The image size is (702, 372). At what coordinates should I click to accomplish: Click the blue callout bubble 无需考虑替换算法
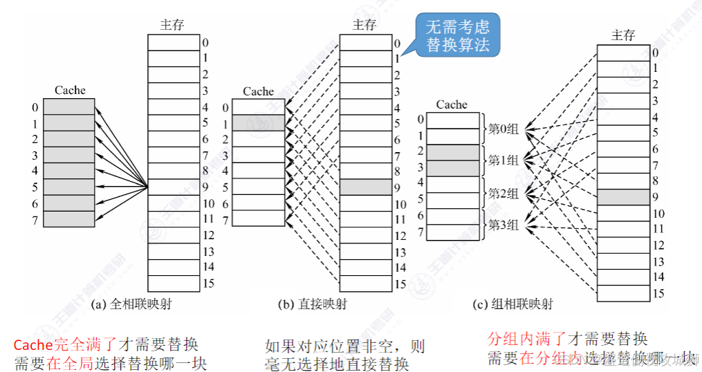457,36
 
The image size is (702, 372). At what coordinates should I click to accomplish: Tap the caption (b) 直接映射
312,304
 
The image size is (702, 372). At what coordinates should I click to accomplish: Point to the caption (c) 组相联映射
512,304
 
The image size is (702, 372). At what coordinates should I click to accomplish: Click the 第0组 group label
504,129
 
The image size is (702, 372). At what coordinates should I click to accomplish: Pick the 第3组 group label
504,225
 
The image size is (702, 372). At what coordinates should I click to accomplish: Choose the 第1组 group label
504,160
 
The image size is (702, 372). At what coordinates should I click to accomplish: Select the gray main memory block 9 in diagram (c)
622,197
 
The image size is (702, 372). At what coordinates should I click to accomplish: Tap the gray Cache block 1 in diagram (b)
258,123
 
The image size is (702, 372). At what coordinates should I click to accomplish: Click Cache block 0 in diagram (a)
68,106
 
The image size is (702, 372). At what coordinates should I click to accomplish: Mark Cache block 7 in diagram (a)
68,219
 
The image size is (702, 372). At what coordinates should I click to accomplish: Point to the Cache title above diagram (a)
69,90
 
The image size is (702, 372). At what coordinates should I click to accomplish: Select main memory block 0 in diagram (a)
174,42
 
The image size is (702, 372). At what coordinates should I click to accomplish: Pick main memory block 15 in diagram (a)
174,283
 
